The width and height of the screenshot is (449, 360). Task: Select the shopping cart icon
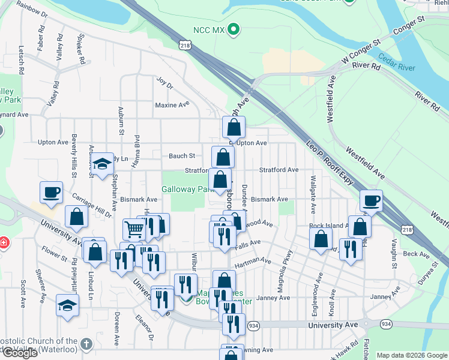(x=134, y=228)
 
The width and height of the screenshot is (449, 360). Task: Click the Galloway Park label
(x=188, y=189)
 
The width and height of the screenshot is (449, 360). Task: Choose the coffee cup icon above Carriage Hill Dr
(x=51, y=192)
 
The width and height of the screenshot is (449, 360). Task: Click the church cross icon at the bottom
(x=86, y=344)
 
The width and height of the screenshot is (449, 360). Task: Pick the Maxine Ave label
(x=172, y=105)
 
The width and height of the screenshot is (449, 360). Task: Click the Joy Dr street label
(x=164, y=82)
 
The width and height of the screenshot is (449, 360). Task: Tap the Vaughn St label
(x=394, y=254)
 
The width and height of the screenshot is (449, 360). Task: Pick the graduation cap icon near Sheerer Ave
(x=67, y=305)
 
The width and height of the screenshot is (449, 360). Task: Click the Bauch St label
(x=181, y=156)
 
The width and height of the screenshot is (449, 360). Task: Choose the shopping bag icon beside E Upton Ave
(x=234, y=127)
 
